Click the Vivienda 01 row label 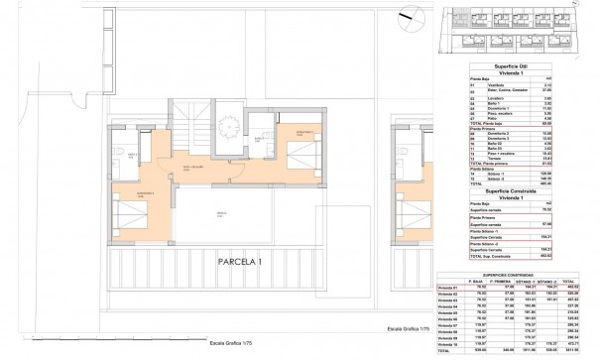tap(450, 286)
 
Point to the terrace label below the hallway tap(222, 211)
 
